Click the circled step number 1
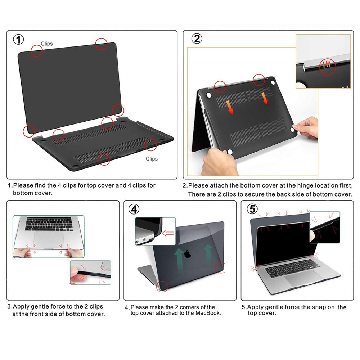[18, 39]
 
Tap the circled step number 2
[197, 39]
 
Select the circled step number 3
[16, 209]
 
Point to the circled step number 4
[134, 209]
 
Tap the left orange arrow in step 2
[229, 107]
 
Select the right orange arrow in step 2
[265, 98]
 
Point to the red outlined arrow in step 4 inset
[168, 234]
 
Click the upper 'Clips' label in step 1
[46, 44]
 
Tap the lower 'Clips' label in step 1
[152, 159]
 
